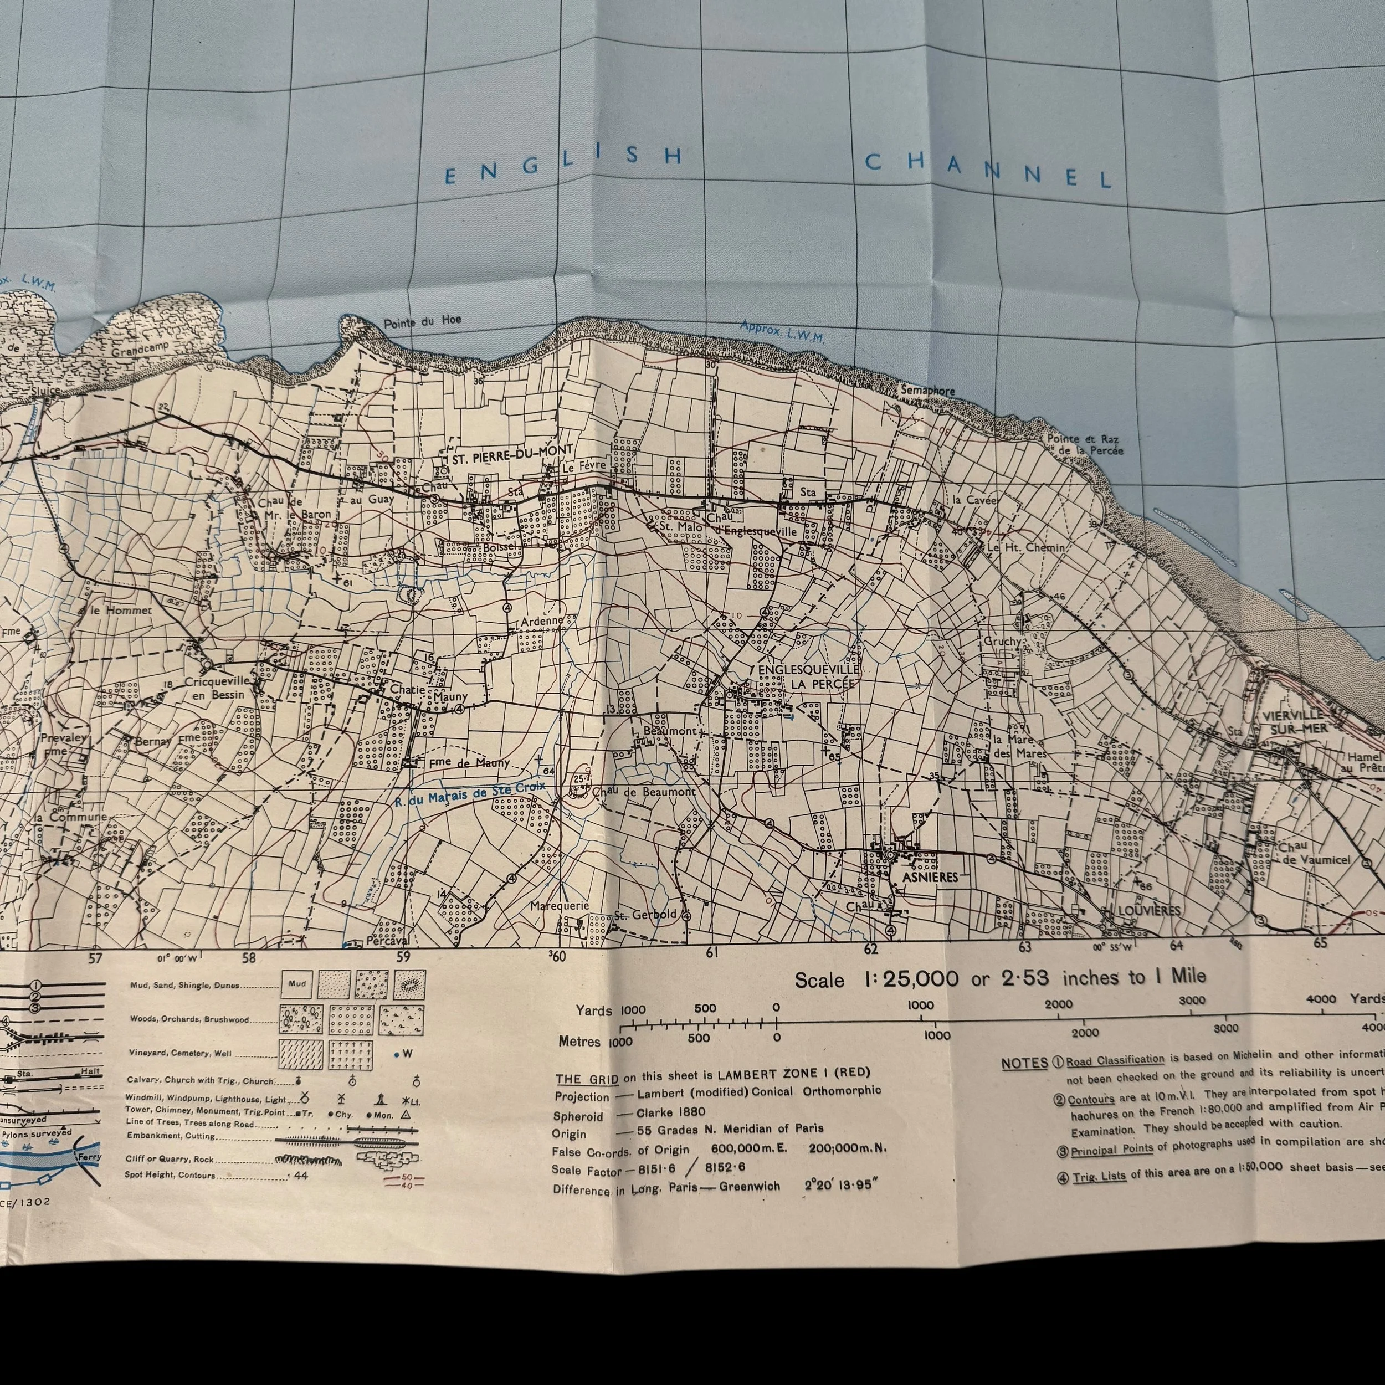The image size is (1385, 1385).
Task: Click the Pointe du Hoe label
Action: [422, 322]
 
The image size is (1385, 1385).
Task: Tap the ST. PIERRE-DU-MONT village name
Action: [512, 451]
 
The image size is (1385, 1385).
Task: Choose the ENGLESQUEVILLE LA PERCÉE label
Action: [808, 676]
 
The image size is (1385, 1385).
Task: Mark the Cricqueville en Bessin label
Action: [217, 688]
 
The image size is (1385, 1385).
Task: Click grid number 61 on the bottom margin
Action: [711, 953]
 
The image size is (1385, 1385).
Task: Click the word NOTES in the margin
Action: [1024, 1063]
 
